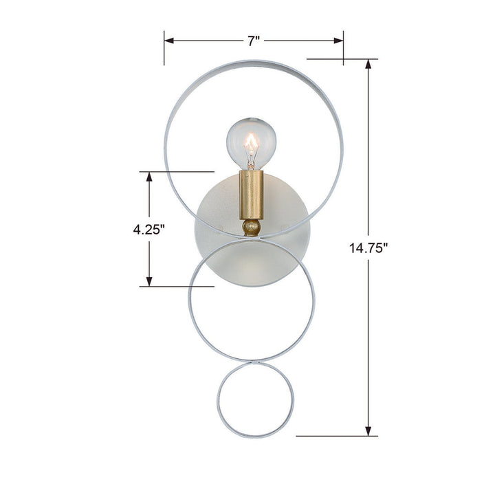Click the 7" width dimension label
[x=254, y=41]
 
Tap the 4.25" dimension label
[x=150, y=230]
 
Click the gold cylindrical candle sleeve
[x=252, y=195]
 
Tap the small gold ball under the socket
[x=252, y=226]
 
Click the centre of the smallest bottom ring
[x=256, y=400]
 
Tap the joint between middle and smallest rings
[x=256, y=362]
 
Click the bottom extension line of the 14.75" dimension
[x=337, y=435]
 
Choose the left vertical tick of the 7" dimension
[x=164, y=47]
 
